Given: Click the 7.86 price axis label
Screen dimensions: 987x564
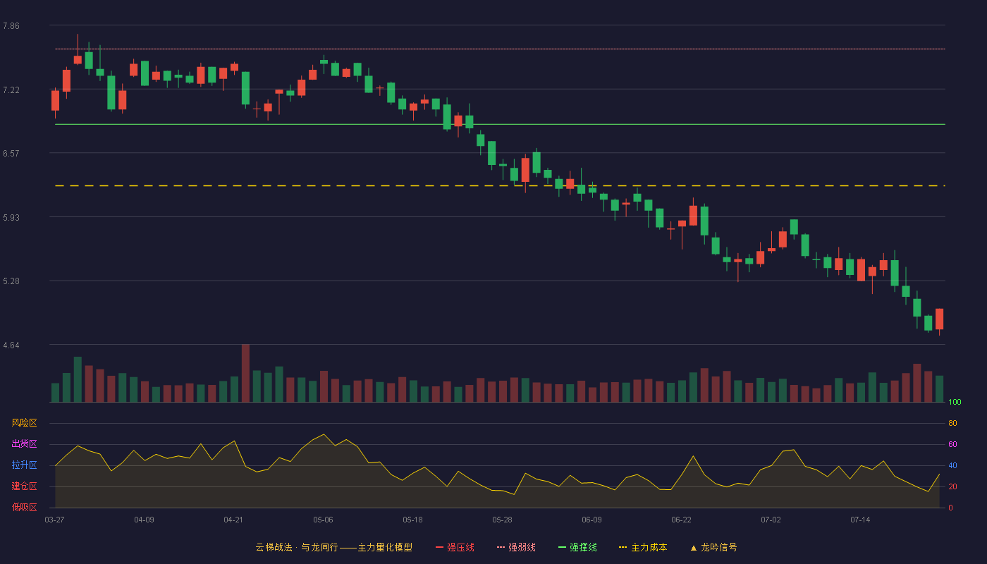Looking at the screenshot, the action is pos(11,26).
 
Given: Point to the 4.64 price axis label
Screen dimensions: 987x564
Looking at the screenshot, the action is pos(11,345).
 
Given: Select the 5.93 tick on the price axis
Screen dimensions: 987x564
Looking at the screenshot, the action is pos(11,218).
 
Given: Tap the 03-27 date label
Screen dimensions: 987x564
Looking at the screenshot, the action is pos(55,520).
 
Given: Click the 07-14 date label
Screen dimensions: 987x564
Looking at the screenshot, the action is pos(860,520).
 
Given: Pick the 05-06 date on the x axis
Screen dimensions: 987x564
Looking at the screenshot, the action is pos(323,520).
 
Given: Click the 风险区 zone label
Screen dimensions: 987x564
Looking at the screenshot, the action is pos(24,423).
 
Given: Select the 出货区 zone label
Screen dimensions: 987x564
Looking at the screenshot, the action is pos(24,443).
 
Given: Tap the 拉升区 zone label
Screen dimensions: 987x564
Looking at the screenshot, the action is pos(24,465).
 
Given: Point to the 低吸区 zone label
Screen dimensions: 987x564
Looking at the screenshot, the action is pos(24,507).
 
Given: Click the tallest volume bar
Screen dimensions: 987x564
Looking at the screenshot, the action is pos(245,373).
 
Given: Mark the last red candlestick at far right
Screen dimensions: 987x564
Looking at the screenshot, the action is pos(939,319).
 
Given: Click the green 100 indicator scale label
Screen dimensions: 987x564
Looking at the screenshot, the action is pos(955,402).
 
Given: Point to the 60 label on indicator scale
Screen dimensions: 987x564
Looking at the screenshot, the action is pos(952,444).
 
